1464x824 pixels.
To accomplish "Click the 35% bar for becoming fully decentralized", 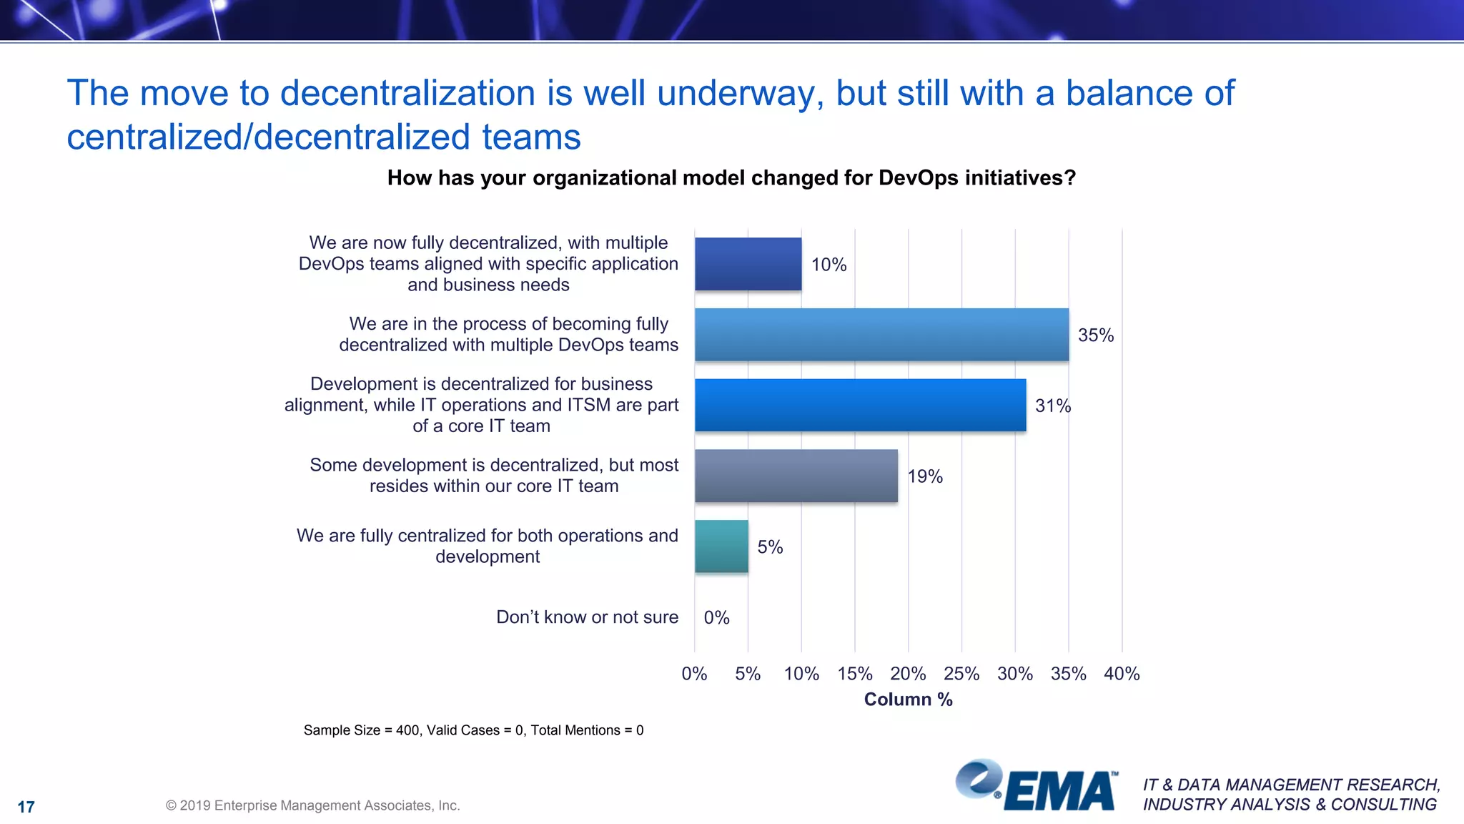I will click(x=881, y=335).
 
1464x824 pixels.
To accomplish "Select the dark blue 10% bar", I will click(x=748, y=264).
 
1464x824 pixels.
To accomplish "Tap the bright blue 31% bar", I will click(x=860, y=405).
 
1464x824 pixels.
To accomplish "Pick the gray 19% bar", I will click(x=796, y=476).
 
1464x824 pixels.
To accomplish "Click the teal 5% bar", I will click(x=721, y=546).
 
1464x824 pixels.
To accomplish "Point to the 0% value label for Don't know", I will click(x=716, y=617).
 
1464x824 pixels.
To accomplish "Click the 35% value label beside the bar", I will click(x=1095, y=335).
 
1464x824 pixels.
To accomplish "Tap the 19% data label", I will click(x=925, y=476).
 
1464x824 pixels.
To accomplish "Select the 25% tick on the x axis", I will click(x=961, y=674).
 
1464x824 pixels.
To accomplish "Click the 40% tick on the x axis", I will click(x=1122, y=674).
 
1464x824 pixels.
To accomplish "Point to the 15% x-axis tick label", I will click(x=855, y=674).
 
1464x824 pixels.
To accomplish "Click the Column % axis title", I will click(x=908, y=700).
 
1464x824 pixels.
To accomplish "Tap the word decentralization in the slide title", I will click(x=407, y=94).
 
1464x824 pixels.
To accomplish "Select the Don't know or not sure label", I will click(x=587, y=617).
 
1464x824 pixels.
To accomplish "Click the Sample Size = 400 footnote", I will click(x=473, y=730).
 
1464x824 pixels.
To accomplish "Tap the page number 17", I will click(x=26, y=807).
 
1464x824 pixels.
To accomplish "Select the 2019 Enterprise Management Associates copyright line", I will click(x=313, y=805).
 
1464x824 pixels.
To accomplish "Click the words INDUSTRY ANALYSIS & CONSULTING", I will click(x=1290, y=805).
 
